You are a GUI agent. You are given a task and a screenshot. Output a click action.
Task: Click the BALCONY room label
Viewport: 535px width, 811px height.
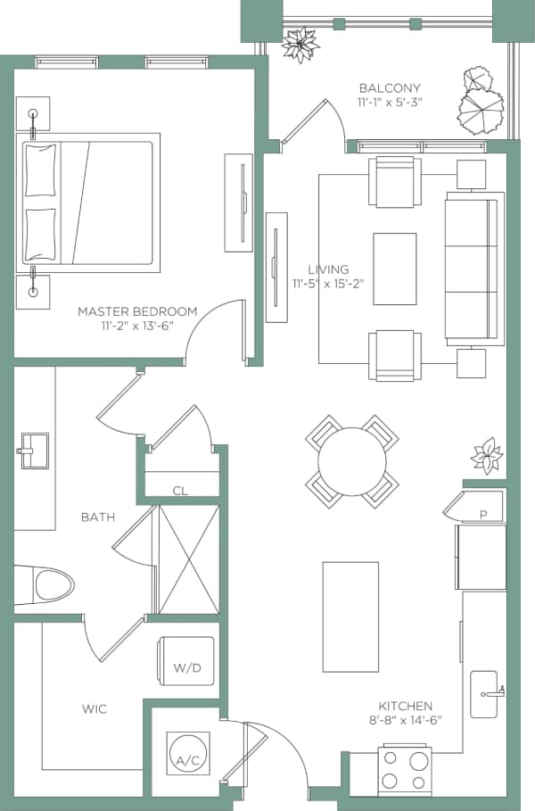389,87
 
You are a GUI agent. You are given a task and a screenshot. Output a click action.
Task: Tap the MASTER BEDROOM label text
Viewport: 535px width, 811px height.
136,311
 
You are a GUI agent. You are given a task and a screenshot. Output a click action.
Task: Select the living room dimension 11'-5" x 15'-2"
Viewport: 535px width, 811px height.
328,284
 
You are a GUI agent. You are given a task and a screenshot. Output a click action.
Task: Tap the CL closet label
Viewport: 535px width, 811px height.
180,490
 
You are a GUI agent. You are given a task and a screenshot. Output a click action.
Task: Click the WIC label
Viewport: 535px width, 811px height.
95,709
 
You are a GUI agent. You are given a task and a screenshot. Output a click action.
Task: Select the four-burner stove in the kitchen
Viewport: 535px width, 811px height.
406,771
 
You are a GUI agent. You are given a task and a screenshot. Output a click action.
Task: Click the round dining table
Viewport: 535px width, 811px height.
351,461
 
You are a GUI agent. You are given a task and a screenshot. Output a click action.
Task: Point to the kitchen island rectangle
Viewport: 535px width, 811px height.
350,616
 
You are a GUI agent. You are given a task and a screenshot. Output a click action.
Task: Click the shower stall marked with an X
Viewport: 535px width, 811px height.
187,559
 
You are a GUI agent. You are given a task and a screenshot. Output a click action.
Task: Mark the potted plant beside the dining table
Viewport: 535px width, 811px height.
487,455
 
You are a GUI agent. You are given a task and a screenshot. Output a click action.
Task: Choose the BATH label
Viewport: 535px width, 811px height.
97,517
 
